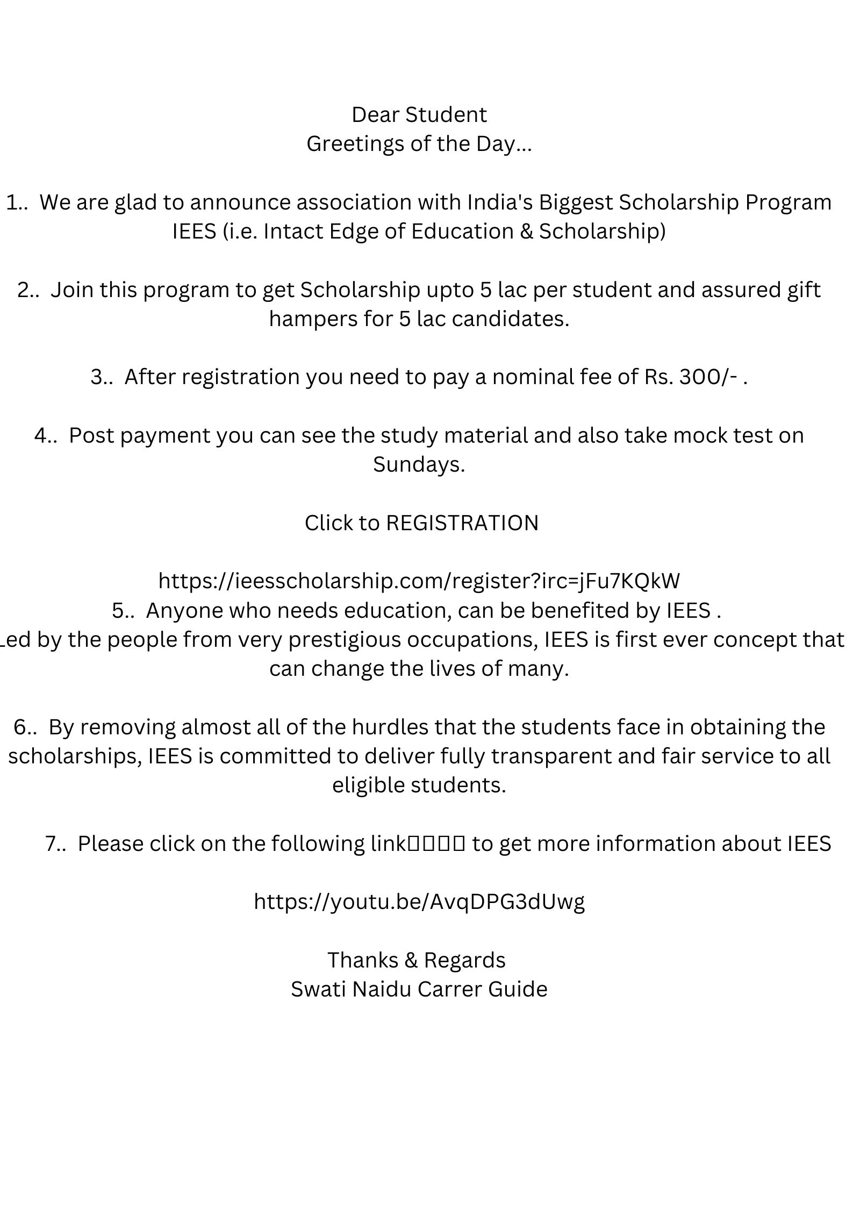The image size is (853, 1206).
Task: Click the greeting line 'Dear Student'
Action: (x=419, y=115)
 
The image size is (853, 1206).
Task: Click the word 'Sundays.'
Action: (x=419, y=465)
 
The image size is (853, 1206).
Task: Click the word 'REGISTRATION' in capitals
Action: (x=462, y=523)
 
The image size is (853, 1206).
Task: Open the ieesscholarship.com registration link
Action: (x=419, y=581)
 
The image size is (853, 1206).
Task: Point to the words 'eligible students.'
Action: (x=419, y=785)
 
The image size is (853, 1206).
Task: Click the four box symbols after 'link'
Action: (x=436, y=844)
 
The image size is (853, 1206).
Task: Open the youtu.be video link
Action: (x=419, y=902)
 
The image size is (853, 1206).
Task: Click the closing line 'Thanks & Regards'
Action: (x=417, y=961)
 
